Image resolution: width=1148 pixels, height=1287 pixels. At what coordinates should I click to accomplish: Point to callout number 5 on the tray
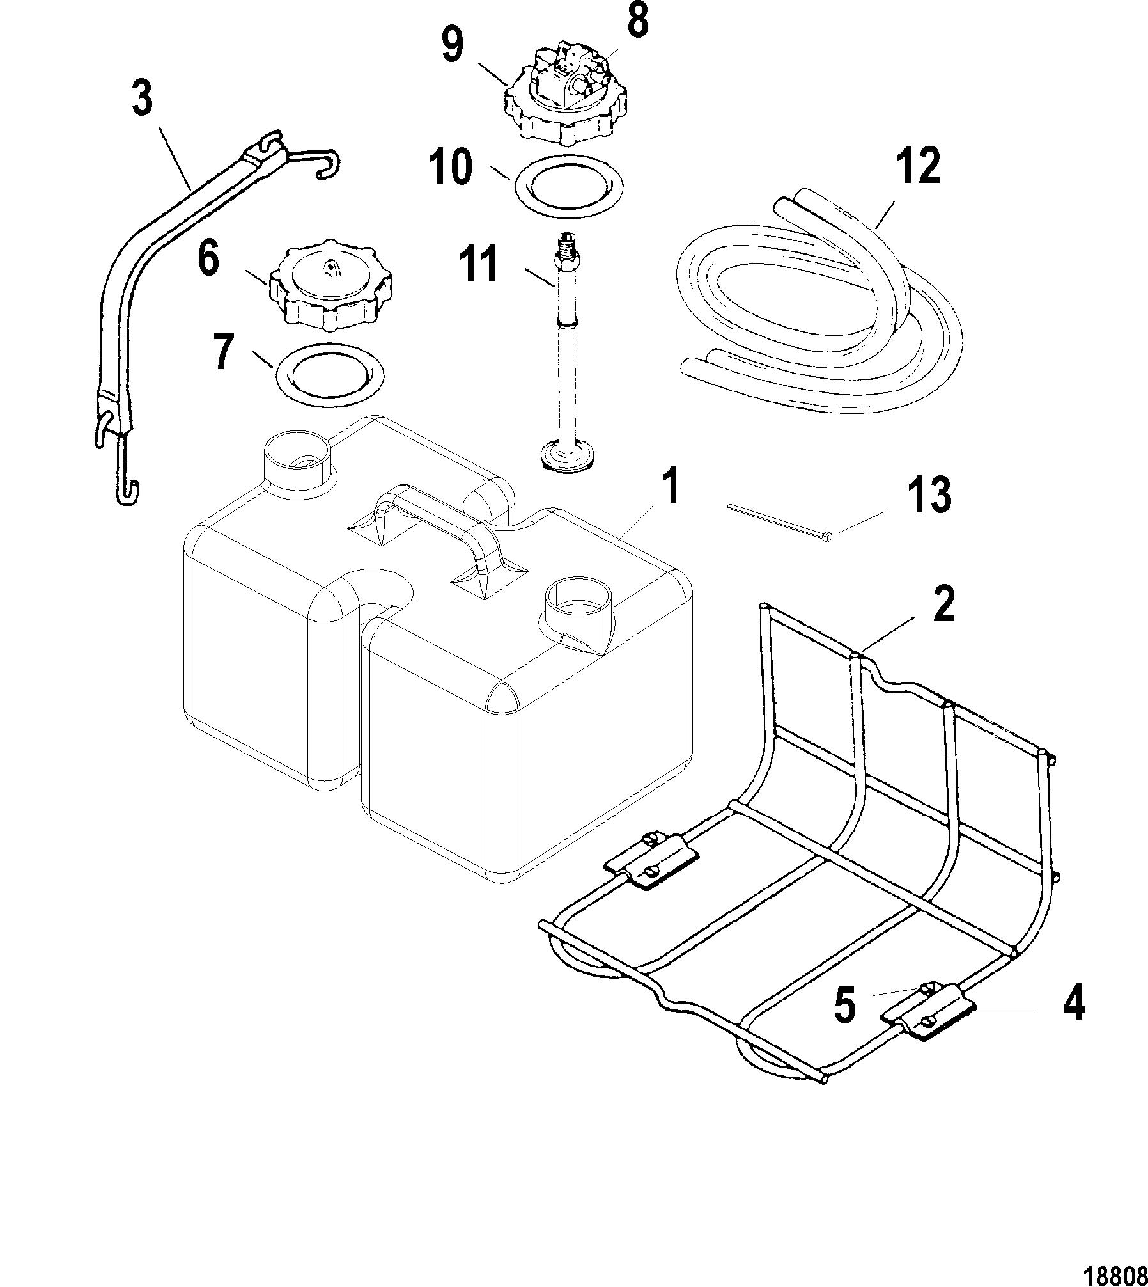pyautogui.click(x=844, y=1022)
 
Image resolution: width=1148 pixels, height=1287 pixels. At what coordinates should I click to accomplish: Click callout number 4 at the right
pyautogui.click(x=1073, y=1022)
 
